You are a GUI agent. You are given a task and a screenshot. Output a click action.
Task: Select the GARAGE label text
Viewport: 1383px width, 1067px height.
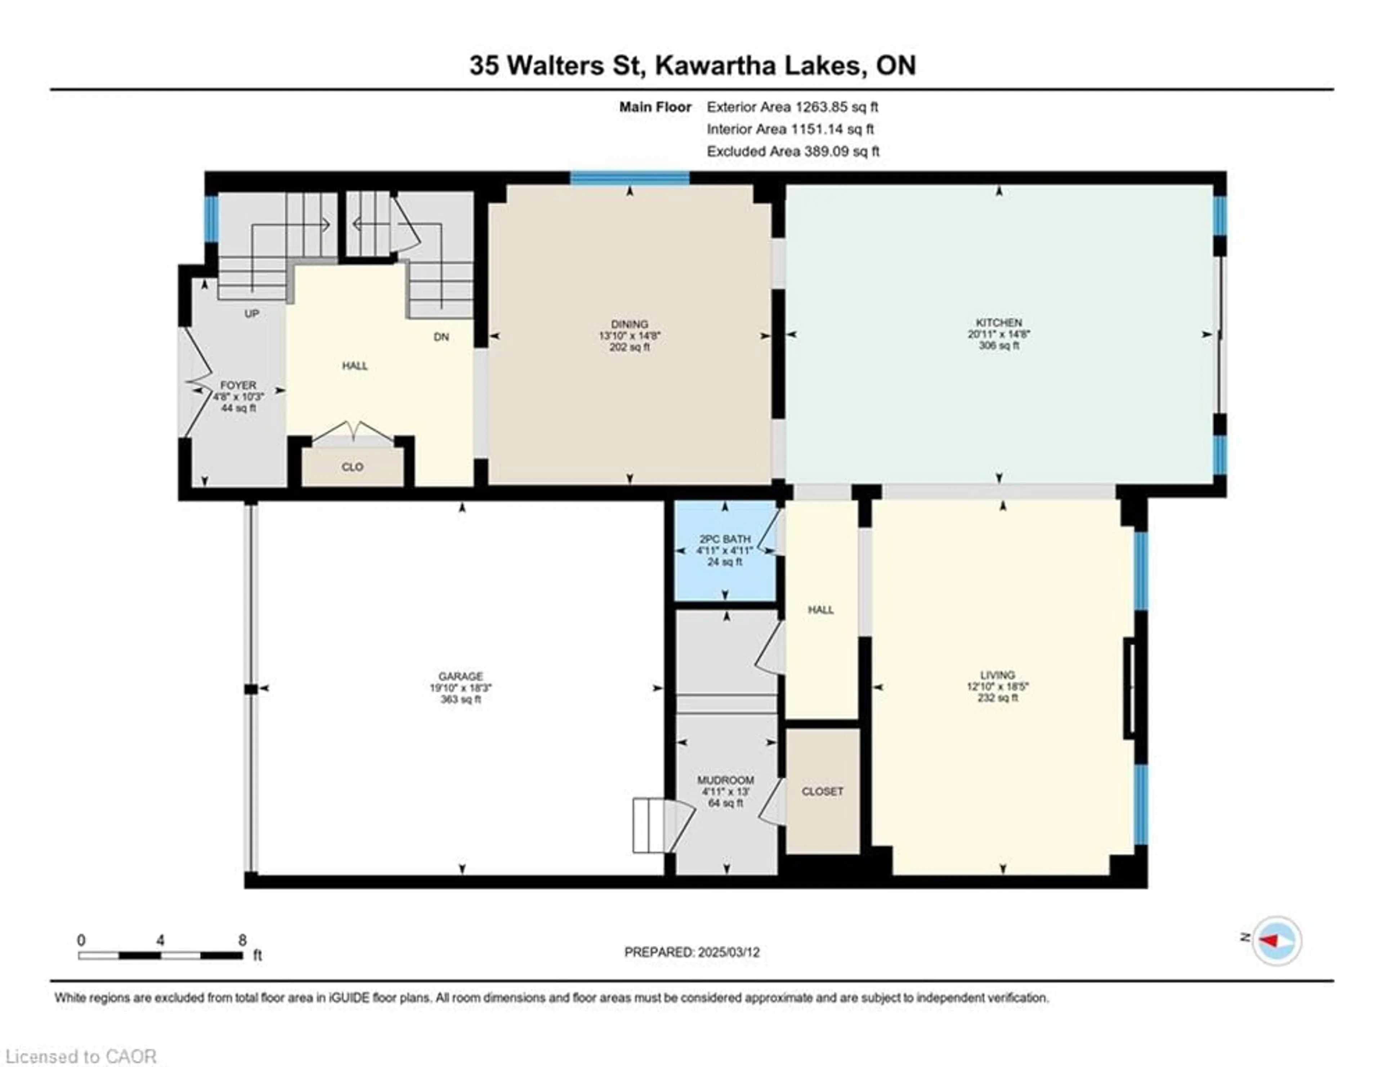tap(461, 676)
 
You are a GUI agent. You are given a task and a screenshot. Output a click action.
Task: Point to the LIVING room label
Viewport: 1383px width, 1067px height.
tap(997, 675)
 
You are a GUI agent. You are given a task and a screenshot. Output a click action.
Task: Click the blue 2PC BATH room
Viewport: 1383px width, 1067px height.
tap(724, 550)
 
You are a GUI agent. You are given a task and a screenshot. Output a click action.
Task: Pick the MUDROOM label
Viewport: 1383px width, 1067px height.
tap(725, 780)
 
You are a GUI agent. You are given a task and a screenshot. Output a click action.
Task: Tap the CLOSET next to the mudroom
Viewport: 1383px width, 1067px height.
tap(822, 791)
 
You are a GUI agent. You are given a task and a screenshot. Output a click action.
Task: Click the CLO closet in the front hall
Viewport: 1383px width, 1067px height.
tap(352, 467)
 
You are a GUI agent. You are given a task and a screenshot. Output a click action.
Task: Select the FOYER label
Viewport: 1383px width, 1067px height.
tap(238, 385)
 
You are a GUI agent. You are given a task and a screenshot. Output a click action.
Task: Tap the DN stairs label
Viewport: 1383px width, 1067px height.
tap(441, 337)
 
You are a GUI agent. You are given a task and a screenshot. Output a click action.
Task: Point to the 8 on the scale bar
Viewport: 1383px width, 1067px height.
tap(242, 940)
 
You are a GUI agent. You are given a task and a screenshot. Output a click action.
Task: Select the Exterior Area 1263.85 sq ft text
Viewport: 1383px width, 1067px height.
tap(792, 107)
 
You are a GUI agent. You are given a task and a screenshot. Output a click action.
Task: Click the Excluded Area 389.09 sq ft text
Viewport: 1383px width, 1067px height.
tap(793, 151)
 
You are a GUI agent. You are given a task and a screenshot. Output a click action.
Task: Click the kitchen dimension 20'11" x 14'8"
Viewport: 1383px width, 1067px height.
tap(999, 334)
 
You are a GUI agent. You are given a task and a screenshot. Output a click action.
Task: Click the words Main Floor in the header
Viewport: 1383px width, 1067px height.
tap(655, 107)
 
